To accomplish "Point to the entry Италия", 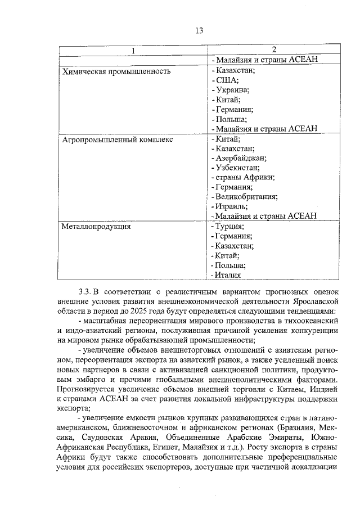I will tap(228, 276).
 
